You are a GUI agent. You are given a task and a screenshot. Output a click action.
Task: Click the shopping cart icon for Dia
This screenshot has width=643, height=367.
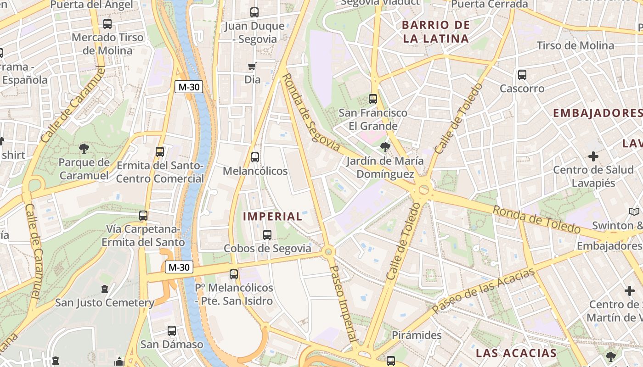pos(252,67)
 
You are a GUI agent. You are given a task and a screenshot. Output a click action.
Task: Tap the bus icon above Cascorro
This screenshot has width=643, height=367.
pos(522,74)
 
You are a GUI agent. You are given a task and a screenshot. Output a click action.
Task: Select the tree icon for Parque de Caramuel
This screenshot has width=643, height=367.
pos(84,148)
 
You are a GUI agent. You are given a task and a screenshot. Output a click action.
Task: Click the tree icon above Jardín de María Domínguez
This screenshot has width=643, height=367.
pos(385,147)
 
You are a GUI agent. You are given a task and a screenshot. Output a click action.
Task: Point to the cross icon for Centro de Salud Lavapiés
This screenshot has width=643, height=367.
pos(593,156)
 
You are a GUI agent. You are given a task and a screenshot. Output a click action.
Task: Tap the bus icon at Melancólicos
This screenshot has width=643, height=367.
pos(255,157)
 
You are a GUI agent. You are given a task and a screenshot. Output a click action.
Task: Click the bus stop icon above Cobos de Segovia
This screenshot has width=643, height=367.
pos(267,235)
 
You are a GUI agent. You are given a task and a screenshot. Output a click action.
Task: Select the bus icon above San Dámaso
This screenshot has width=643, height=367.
pos(171,331)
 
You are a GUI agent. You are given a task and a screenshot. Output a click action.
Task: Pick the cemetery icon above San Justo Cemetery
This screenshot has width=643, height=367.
pos(105,289)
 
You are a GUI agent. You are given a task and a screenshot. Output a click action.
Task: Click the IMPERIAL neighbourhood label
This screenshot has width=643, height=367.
pos(272,216)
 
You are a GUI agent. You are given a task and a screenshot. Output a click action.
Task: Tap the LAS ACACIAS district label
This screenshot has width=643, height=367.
pos(516,353)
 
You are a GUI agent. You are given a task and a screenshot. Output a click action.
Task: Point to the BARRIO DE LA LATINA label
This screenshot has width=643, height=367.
pos(436,32)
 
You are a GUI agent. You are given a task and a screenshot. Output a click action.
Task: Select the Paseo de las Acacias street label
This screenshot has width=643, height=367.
pos(484,291)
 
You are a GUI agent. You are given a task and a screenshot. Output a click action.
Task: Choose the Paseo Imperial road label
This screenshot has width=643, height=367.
pos(344,303)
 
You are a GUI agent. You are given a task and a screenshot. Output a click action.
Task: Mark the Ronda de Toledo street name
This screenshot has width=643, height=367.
pos(536,219)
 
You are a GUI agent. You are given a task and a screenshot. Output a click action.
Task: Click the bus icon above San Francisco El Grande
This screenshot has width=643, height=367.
pos(372,99)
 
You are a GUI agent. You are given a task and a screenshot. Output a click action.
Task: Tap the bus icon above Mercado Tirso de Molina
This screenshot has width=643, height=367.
pos(107,23)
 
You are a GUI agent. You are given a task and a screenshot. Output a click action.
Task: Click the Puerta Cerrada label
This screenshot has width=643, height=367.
pos(490,4)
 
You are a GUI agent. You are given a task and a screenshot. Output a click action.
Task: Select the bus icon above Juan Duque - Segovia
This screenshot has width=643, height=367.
pos(254,12)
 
